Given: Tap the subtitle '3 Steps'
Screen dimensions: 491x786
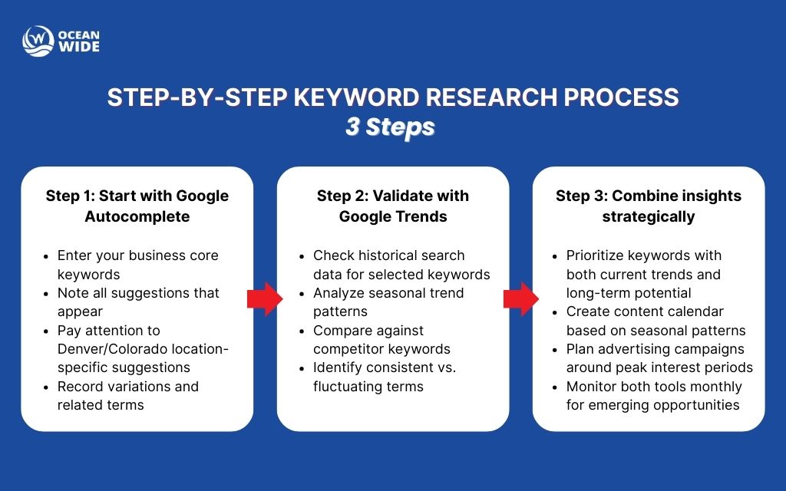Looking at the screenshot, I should (x=390, y=127).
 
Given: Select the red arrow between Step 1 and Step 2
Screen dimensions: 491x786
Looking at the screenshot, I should (x=264, y=299).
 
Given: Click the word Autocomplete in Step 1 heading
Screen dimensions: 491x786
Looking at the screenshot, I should (x=137, y=217).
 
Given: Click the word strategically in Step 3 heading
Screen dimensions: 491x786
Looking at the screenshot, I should (x=649, y=217).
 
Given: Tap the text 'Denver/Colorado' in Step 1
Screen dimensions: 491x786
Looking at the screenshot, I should (x=108, y=349).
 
